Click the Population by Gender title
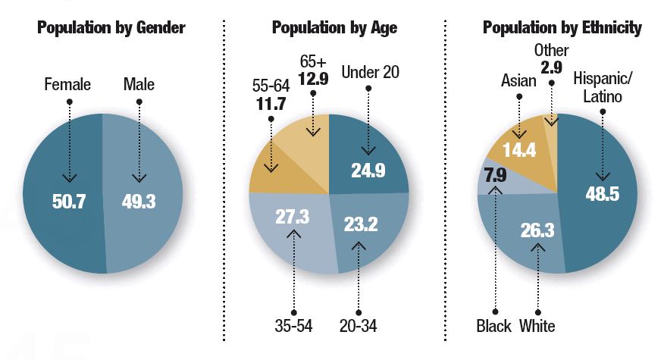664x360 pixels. pos(111,29)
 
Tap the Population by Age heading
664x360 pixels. pos(334,29)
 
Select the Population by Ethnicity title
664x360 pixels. pos(562,29)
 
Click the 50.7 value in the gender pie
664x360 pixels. pos(68,202)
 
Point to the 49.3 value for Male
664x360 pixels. pos(139,202)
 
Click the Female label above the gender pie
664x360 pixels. pos(68,84)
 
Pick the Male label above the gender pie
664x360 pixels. pos(139,84)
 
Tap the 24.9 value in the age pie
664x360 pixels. pos(368,171)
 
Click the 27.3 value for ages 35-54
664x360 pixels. pos(292,218)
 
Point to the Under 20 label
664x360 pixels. pos(370,73)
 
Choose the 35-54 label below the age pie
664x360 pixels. pos(293,326)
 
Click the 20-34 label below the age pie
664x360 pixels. pos(359,326)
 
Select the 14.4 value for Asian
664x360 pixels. pos(520,150)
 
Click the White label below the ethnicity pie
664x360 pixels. pos(537,327)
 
